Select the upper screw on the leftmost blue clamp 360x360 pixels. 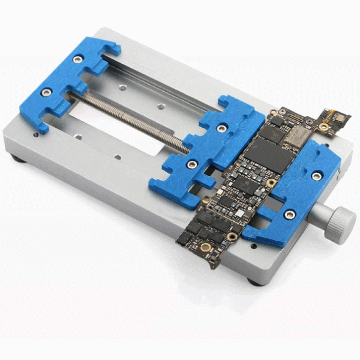(x=77, y=59)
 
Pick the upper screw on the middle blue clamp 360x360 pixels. (x=222, y=128)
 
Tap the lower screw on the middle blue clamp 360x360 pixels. (x=191, y=164)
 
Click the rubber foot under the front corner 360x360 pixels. (x=255, y=281)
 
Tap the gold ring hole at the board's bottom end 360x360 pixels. (x=206, y=247)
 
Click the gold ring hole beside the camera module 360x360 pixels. (x=324, y=127)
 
